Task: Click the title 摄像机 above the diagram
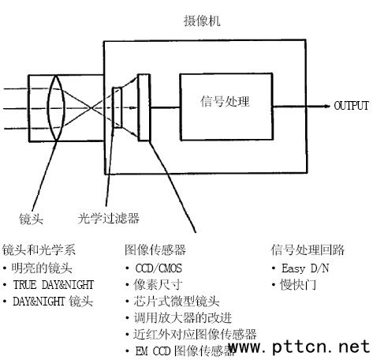[202, 21]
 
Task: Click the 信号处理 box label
[225, 101]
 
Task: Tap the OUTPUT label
[351, 106]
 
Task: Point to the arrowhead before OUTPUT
[326, 106]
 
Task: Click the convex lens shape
[48, 107]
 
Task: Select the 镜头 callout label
[31, 219]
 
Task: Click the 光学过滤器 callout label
[108, 218]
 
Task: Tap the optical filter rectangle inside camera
[117, 107]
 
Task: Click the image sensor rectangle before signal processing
[144, 107]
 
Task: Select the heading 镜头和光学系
[39, 249]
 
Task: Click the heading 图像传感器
[155, 249]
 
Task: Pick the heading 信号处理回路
[308, 249]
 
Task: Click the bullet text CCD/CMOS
[159, 268]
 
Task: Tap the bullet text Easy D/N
[305, 268]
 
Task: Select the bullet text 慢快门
[298, 285]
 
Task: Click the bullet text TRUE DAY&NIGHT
[54, 285]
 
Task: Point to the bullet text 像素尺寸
[158, 285]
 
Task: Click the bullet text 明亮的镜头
[42, 268]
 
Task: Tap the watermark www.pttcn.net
[300, 346]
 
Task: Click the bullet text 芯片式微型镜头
[177, 302]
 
